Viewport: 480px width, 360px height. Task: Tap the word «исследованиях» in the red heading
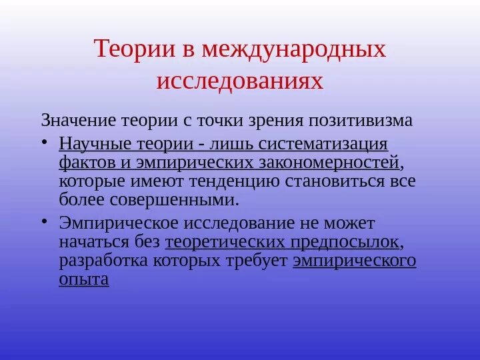click(240, 81)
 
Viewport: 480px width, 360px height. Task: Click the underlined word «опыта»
click(83, 279)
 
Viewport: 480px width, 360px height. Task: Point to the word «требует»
click(258, 260)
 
